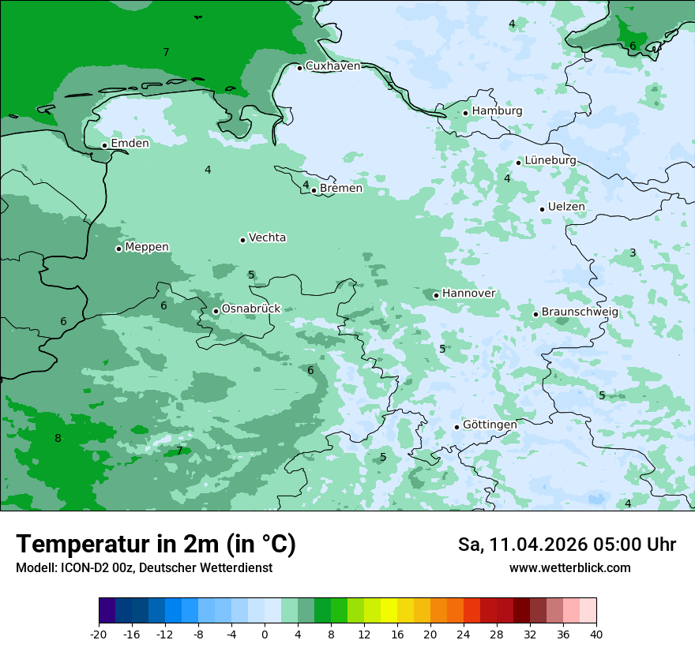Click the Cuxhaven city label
click(x=332, y=66)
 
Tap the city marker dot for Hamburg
click(x=466, y=113)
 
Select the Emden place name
click(x=130, y=144)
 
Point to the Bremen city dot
click(x=314, y=190)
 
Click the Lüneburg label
click(x=550, y=161)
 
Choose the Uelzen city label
click(x=566, y=208)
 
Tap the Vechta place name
click(x=267, y=238)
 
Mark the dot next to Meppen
click(x=118, y=249)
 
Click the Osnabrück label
click(x=250, y=309)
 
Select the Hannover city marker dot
click(x=436, y=295)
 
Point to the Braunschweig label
click(x=580, y=313)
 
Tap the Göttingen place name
click(x=490, y=425)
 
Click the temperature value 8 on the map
click(x=58, y=439)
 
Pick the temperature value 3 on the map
click(x=633, y=253)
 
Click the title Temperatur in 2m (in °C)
click(x=156, y=545)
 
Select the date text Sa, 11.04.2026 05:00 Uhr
click(x=566, y=545)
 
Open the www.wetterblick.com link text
click(x=569, y=568)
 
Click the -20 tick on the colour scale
click(x=99, y=634)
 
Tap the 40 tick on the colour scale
click(x=595, y=634)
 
